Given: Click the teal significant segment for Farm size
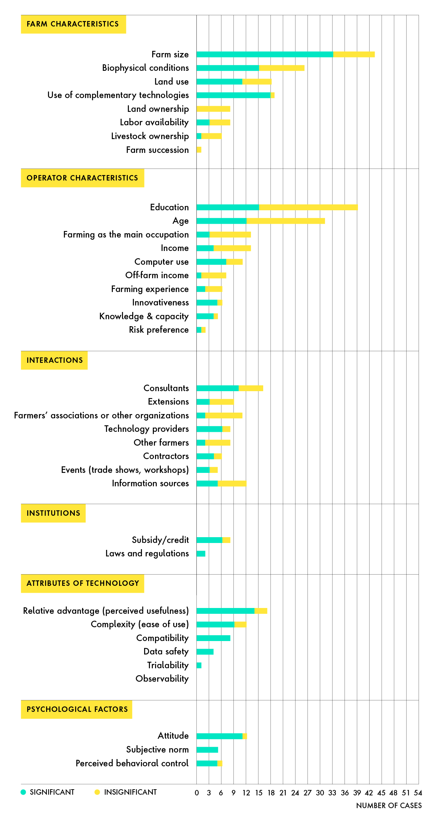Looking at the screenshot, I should click(x=265, y=54).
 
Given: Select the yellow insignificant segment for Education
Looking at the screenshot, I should click(x=308, y=207).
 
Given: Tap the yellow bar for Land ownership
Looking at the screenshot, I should click(x=213, y=109).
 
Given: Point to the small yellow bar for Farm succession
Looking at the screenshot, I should click(x=199, y=150).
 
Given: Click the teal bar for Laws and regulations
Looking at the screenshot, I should click(x=201, y=554).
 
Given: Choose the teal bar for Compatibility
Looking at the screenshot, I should click(x=213, y=638).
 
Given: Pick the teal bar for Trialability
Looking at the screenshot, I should click(x=199, y=665).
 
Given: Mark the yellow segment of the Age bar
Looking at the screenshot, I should click(x=286, y=221).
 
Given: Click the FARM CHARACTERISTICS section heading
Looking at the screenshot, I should click(x=73, y=24).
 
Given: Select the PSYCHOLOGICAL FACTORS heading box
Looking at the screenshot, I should click(x=77, y=709).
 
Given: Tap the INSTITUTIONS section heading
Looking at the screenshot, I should click(x=53, y=513).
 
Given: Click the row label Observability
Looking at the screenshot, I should click(x=162, y=679).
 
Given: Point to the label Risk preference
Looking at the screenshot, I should click(x=159, y=330).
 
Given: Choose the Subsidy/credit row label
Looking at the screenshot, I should click(x=160, y=540).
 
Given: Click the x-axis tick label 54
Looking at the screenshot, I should click(x=418, y=793).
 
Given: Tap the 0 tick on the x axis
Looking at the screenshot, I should click(x=197, y=793).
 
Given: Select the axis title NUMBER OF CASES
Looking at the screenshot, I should click(x=389, y=806).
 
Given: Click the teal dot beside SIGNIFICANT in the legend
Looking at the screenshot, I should click(x=24, y=792).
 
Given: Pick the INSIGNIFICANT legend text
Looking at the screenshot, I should click(x=130, y=792).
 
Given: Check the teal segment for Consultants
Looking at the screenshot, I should click(x=217, y=388).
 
